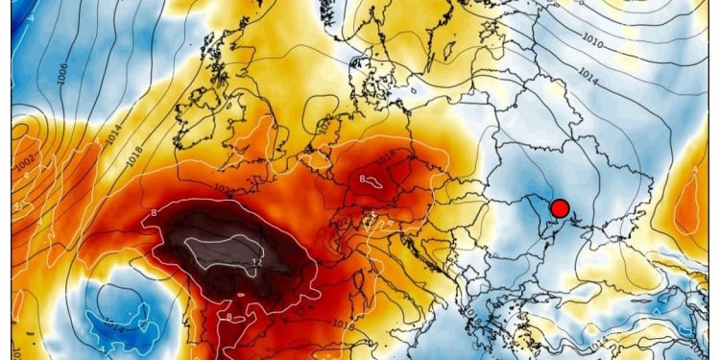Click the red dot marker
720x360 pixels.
[561, 207]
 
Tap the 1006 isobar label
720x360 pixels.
[63, 96]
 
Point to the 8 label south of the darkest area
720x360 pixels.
[229, 316]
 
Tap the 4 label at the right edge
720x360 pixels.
[693, 171]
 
